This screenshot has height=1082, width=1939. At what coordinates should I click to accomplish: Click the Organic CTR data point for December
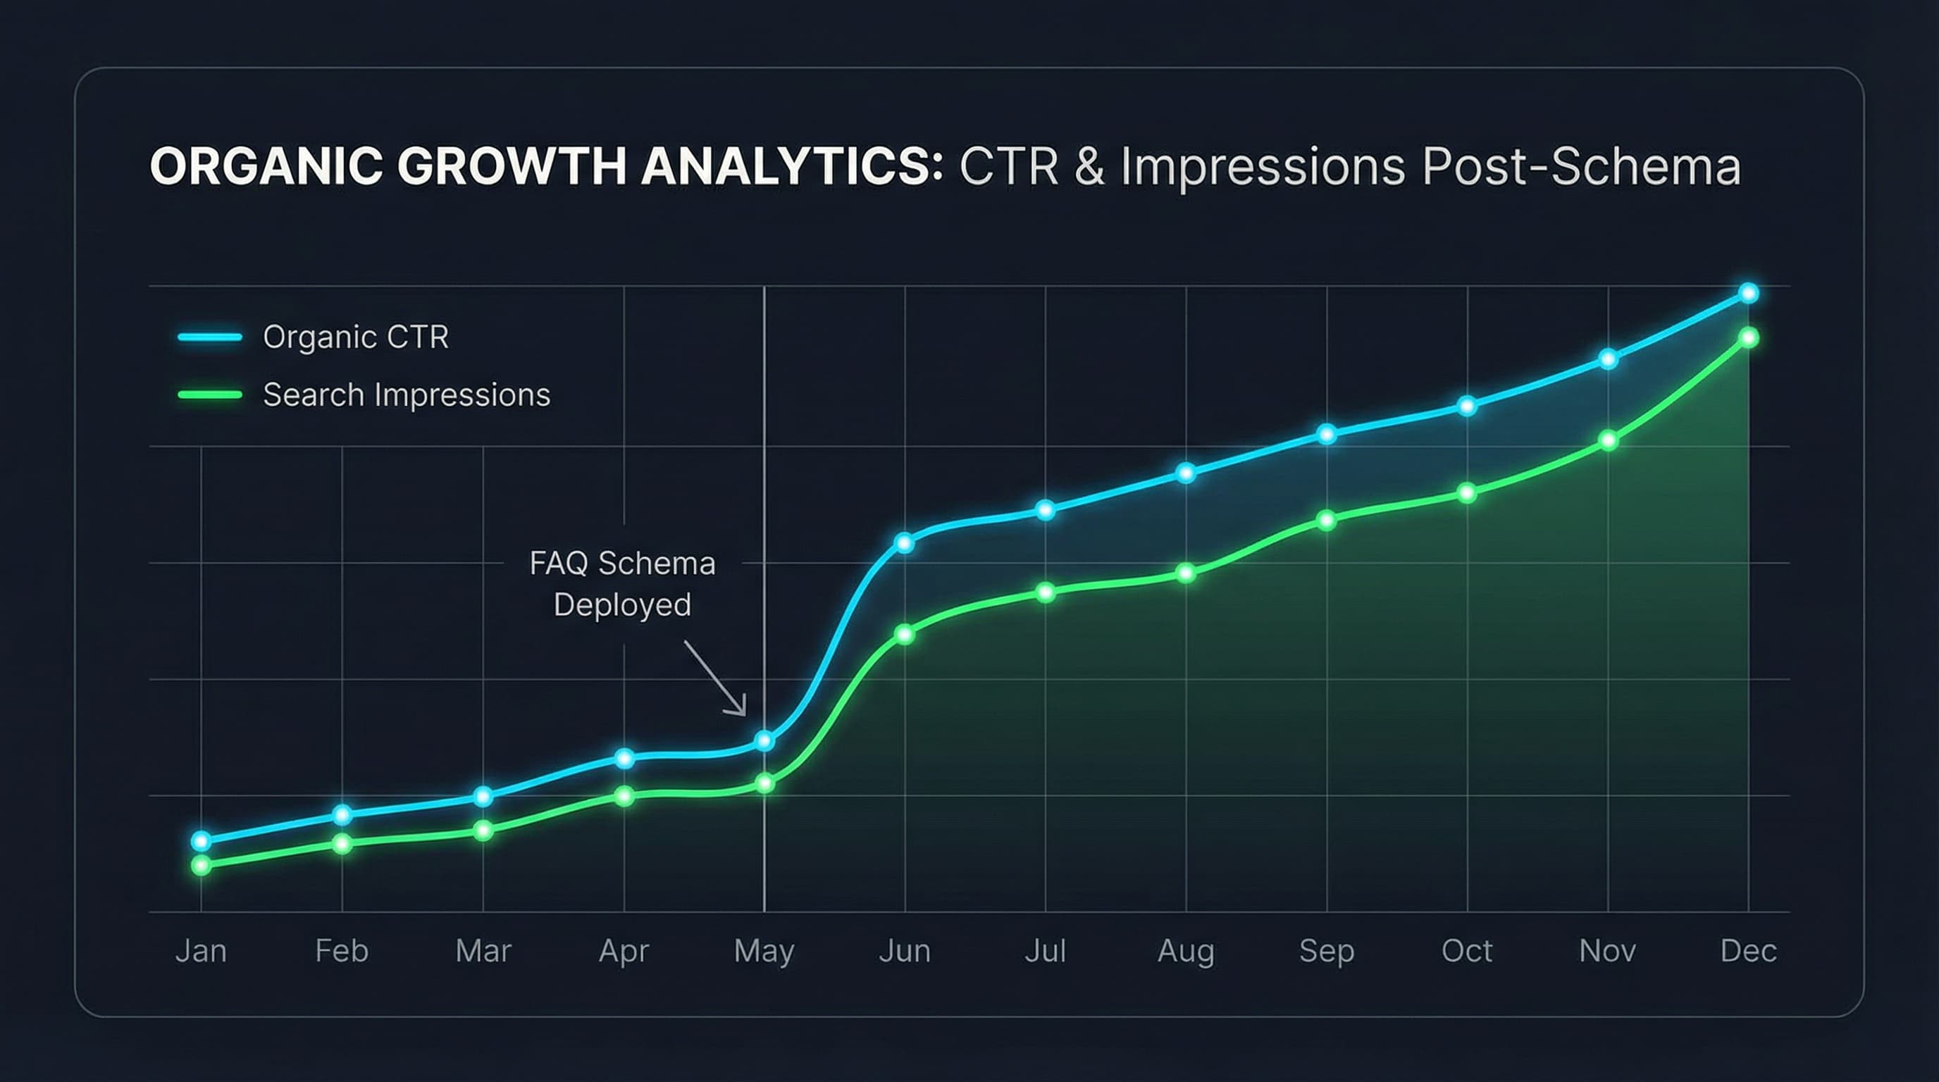(x=1749, y=293)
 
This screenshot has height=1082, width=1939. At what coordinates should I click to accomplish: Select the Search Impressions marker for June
(x=905, y=634)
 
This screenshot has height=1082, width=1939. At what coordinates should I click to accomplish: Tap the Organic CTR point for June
(x=905, y=542)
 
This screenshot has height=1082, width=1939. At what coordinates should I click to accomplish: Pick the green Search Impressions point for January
(x=201, y=865)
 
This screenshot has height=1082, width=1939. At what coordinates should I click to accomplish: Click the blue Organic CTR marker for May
(x=764, y=741)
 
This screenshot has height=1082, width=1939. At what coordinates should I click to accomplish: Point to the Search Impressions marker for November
(x=1608, y=441)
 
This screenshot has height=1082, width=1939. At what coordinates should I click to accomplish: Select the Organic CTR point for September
(x=1327, y=434)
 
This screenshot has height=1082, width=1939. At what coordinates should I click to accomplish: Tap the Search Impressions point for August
(x=1186, y=573)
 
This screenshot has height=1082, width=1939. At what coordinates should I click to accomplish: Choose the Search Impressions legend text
(x=407, y=395)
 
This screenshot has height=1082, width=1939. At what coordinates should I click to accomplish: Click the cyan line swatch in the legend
(x=209, y=337)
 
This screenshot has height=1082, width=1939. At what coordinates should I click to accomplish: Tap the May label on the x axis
(x=764, y=951)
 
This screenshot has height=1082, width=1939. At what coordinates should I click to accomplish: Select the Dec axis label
(x=1749, y=951)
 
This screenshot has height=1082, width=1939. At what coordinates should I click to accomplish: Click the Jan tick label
(x=201, y=951)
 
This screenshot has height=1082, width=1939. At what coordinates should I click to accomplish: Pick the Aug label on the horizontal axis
(x=1186, y=951)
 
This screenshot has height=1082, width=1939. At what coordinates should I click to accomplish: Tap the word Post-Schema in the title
(x=1580, y=166)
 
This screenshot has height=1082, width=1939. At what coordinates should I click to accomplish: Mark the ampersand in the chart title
(x=1089, y=166)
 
